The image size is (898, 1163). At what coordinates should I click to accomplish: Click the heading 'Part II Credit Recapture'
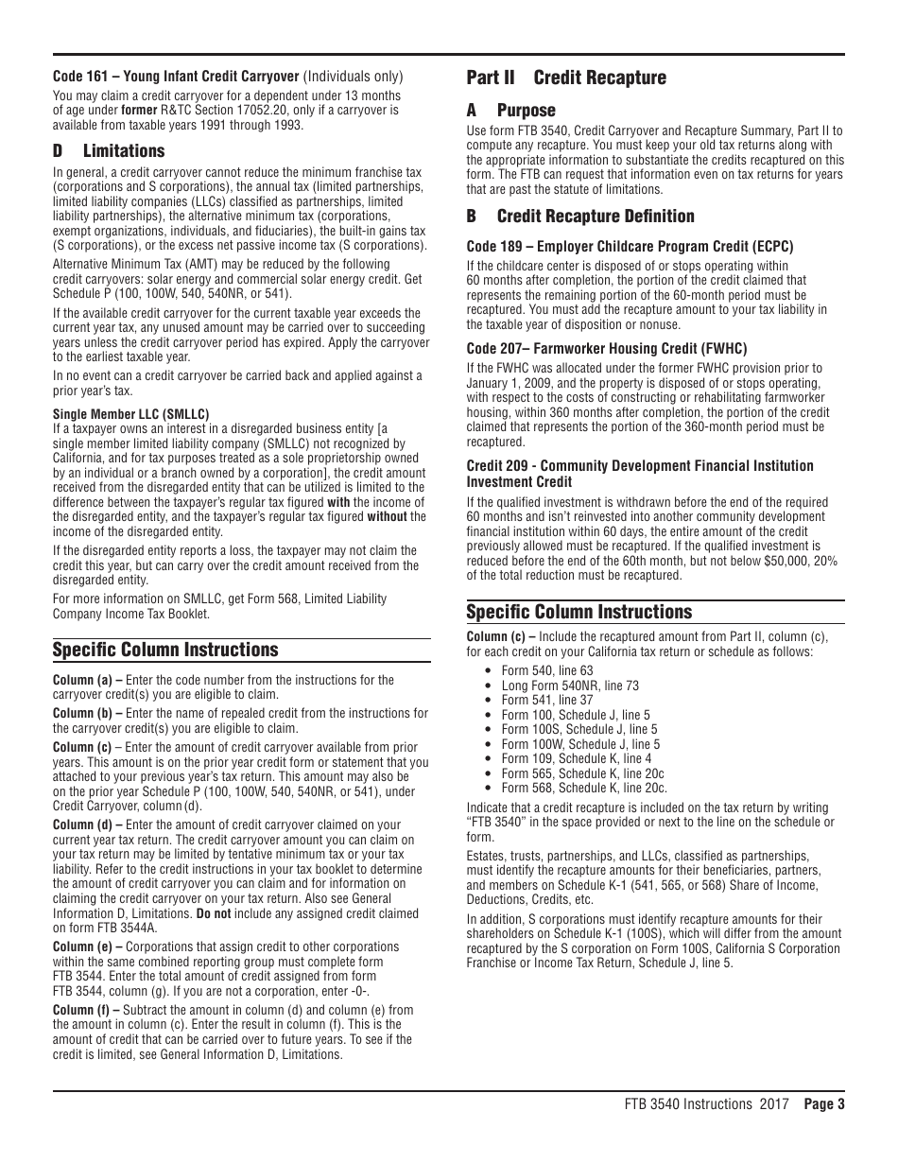(566, 78)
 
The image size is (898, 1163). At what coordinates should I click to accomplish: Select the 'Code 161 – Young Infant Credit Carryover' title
(176, 77)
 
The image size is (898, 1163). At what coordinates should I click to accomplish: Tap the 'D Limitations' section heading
(109, 151)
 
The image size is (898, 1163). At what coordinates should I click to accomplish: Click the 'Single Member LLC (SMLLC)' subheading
(130, 414)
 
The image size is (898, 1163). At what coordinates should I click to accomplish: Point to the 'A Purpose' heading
(511, 111)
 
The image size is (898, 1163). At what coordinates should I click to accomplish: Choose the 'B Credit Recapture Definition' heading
(580, 217)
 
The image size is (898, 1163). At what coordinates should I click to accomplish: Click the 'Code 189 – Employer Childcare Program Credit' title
(629, 247)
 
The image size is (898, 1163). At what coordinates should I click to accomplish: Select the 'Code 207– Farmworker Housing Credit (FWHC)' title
(606, 348)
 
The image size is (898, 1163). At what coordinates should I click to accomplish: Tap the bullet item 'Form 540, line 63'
(547, 671)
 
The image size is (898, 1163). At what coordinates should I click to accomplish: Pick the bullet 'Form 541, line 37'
(547, 701)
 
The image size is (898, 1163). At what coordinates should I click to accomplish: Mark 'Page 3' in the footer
(823, 1104)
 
